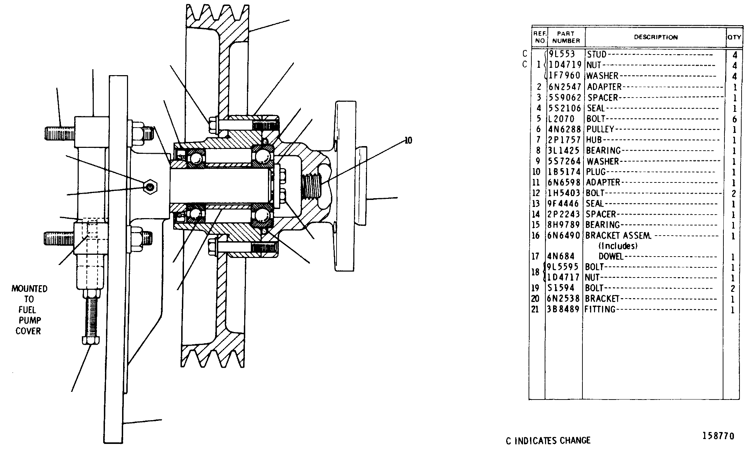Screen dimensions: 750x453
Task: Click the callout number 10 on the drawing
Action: (408, 141)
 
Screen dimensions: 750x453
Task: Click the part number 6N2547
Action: (564, 87)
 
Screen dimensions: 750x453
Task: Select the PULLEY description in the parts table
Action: (600, 129)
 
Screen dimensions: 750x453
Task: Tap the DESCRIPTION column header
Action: (656, 37)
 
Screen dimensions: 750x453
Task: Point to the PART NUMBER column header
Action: (566, 37)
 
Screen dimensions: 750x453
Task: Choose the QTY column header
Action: (734, 37)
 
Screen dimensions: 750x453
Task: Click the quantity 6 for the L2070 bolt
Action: (734, 119)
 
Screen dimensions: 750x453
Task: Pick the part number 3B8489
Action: (564, 309)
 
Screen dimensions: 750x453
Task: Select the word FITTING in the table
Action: (600, 309)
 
